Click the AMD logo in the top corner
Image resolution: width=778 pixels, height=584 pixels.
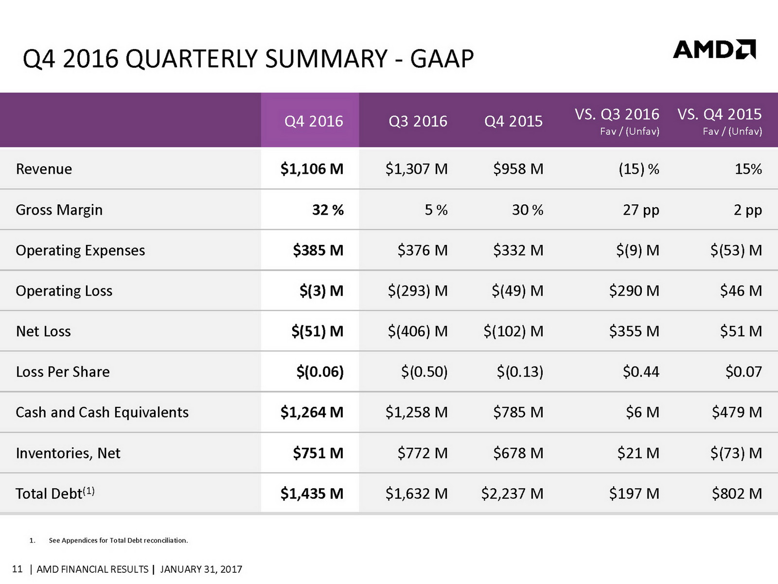click(x=714, y=50)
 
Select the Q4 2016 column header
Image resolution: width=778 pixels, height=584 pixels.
click(x=314, y=121)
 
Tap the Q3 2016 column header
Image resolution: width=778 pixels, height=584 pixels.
click(x=418, y=121)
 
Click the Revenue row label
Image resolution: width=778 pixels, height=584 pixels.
click(x=44, y=169)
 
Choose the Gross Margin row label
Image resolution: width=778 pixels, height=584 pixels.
click(x=59, y=210)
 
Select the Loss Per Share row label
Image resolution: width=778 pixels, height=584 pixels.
click(x=63, y=372)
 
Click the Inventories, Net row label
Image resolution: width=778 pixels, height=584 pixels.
click(x=68, y=453)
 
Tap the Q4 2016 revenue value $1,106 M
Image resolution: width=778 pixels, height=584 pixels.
click(x=312, y=169)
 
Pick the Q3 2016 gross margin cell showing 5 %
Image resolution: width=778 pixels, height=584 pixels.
click(x=436, y=210)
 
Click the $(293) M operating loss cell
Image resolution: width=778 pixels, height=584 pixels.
click(x=418, y=291)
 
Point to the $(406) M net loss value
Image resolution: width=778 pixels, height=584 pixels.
click(x=418, y=331)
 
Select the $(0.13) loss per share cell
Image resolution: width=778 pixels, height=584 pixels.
click(x=520, y=372)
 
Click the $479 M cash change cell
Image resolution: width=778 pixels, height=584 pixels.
click(x=737, y=412)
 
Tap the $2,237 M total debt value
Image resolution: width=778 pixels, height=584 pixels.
click(x=512, y=493)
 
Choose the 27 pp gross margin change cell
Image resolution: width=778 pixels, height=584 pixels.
click(x=641, y=210)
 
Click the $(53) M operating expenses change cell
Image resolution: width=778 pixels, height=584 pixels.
click(x=736, y=250)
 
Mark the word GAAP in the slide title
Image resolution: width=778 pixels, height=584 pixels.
click(x=442, y=59)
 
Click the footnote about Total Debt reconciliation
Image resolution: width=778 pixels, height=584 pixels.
click(x=118, y=540)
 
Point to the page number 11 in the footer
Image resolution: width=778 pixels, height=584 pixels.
click(x=17, y=569)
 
